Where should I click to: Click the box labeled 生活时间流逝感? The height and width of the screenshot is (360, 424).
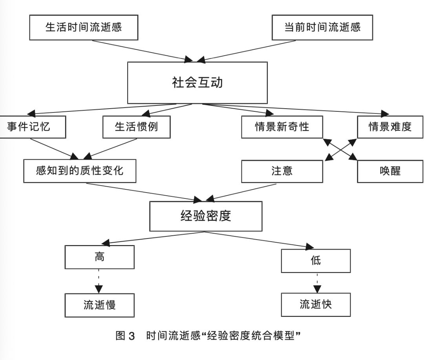(84, 27)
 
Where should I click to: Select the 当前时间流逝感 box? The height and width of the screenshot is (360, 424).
(322, 27)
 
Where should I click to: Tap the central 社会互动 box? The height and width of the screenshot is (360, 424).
(197, 83)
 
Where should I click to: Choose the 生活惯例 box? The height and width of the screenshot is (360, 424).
(136, 127)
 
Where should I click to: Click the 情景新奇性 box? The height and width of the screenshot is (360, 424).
(282, 127)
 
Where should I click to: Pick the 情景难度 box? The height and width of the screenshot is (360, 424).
(389, 127)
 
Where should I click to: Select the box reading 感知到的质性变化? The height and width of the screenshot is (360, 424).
(80, 171)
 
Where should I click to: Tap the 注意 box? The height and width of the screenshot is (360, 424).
(282, 171)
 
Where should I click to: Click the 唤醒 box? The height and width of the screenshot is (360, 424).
(390, 171)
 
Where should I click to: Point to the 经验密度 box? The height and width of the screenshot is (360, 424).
(206, 216)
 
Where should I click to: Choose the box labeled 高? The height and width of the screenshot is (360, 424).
(99, 257)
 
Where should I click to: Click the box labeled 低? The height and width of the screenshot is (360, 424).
(316, 260)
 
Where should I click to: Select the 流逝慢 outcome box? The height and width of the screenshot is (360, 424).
(99, 305)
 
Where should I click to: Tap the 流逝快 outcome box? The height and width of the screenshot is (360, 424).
(316, 304)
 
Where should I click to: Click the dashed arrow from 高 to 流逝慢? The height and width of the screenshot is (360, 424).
(99, 281)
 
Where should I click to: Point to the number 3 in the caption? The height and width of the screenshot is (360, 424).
(132, 336)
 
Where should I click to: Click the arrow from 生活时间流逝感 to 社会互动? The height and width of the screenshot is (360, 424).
(137, 50)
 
